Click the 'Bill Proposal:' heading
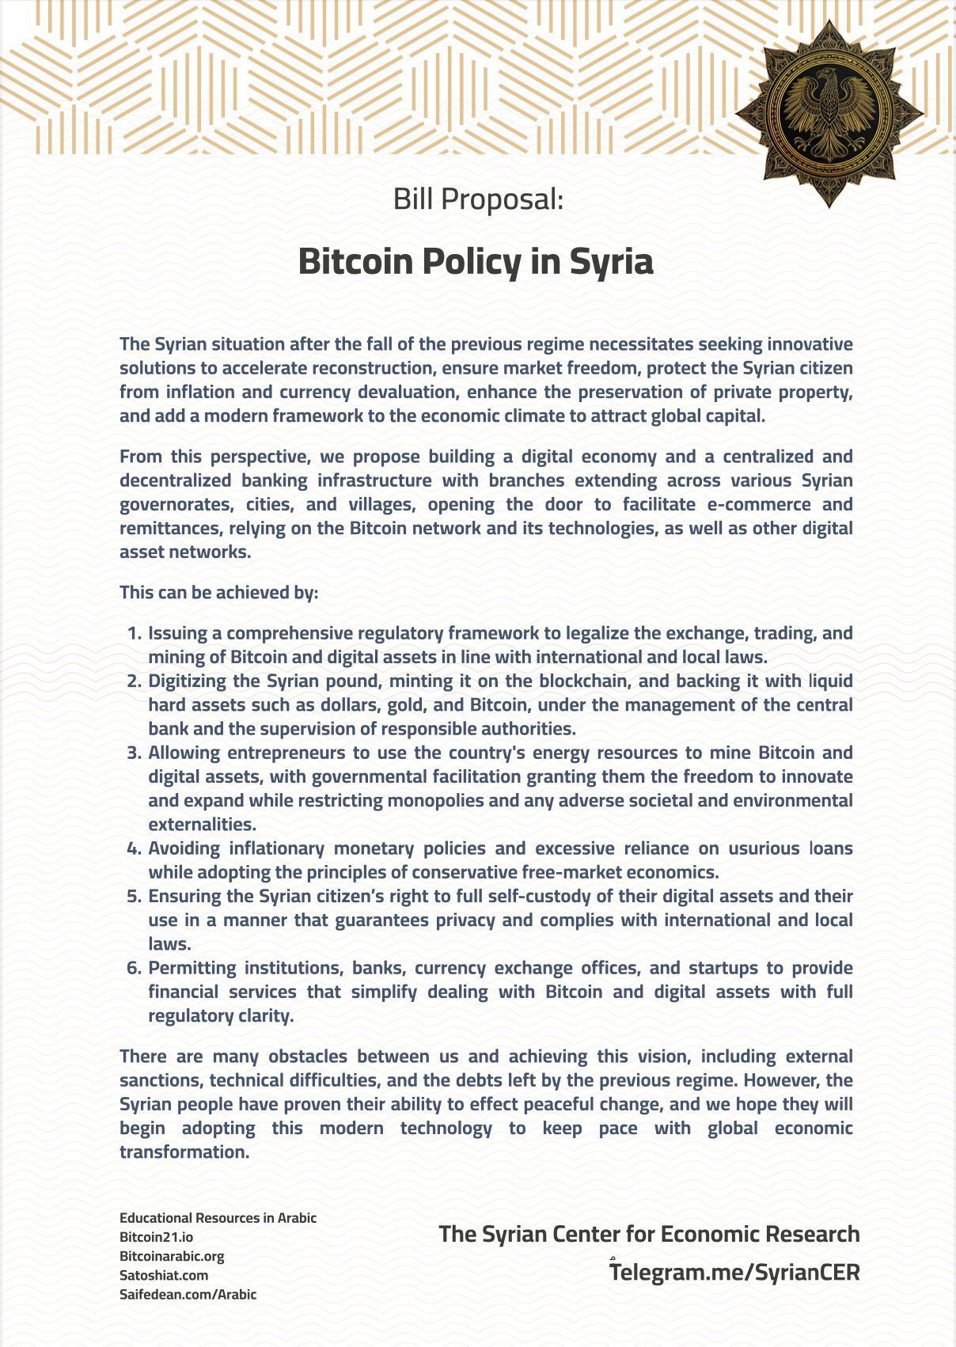coord(478,199)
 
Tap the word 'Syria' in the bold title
coord(611,261)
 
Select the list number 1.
coord(134,633)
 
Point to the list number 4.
coord(133,848)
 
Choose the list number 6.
coord(133,968)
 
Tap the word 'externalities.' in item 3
coord(202,824)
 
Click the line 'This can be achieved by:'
coord(218,593)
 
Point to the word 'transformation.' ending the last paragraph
coord(184,1152)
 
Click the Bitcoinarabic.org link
coord(172,1256)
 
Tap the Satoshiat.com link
coord(164,1275)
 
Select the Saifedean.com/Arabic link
coord(188,1295)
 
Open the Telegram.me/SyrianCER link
coord(734,1272)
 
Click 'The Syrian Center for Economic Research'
coord(649,1234)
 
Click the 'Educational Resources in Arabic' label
coord(218,1218)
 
